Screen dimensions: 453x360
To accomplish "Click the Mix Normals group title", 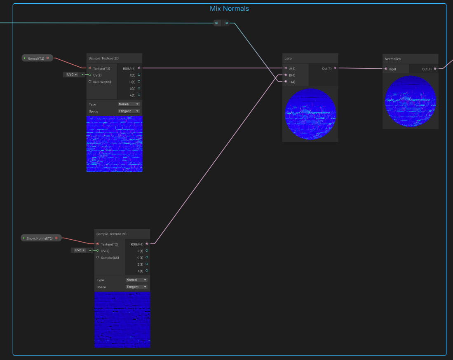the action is pyautogui.click(x=229, y=9).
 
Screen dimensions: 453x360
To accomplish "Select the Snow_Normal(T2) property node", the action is pyautogui.click(x=41, y=238).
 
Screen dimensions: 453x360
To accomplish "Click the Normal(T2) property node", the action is pyautogui.click(x=37, y=58).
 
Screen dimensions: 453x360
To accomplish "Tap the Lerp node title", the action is pyautogui.click(x=288, y=58).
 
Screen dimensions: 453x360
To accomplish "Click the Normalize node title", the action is pyautogui.click(x=393, y=59).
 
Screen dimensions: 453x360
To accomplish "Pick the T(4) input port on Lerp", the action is pyautogui.click(x=286, y=82).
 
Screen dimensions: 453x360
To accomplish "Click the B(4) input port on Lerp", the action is pyautogui.click(x=286, y=75).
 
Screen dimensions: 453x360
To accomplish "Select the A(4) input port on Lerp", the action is pyautogui.click(x=286, y=68).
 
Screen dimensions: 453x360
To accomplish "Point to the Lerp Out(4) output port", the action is pyautogui.click(x=335, y=68).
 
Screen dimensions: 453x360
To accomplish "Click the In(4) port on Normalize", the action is pyautogui.click(x=386, y=69).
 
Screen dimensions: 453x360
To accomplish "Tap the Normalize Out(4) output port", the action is pyautogui.click(x=435, y=69).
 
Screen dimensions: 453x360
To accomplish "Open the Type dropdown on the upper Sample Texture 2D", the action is pyautogui.click(x=129, y=104).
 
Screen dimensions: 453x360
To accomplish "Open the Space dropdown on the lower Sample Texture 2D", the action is pyautogui.click(x=137, y=287).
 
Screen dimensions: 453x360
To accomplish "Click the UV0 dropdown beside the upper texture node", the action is pyautogui.click(x=72, y=75).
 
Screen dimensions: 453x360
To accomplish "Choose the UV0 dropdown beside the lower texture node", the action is pyautogui.click(x=80, y=250).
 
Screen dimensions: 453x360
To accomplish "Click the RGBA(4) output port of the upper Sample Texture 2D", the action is pyautogui.click(x=139, y=68).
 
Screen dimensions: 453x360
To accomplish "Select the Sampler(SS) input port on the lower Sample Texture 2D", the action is pyautogui.click(x=98, y=257).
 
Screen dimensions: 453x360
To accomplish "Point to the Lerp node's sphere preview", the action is pyautogui.click(x=310, y=114).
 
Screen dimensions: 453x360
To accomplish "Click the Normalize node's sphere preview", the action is pyautogui.click(x=411, y=101).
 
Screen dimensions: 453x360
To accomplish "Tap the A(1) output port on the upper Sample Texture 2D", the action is pyautogui.click(x=139, y=95).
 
